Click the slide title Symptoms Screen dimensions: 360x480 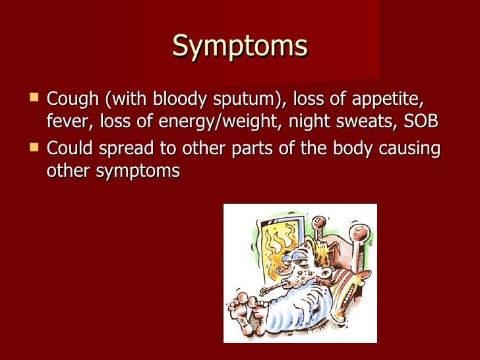240,46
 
